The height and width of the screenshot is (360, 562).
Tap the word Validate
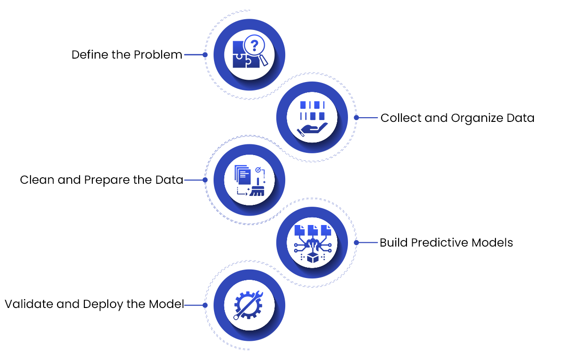pos(29,304)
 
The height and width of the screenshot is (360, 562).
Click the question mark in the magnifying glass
pos(255,45)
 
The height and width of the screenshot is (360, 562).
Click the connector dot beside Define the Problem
pos(205,55)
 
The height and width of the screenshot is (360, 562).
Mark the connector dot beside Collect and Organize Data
pos(356,118)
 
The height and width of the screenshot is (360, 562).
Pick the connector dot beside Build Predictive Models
pos(356,243)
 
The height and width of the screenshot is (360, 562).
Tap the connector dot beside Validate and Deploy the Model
pos(205,305)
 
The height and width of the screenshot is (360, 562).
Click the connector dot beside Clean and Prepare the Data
pos(205,180)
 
